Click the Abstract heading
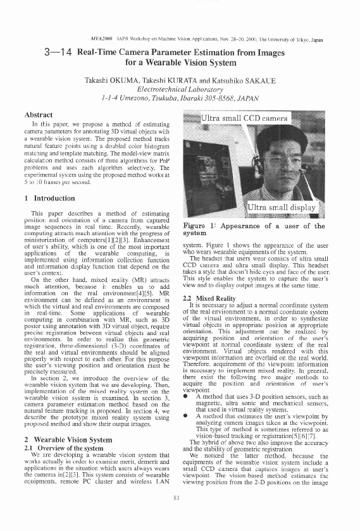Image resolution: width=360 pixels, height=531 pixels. point(38,114)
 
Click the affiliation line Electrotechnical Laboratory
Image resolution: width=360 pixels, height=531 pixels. point(180,90)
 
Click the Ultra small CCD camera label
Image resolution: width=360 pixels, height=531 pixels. point(244,118)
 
